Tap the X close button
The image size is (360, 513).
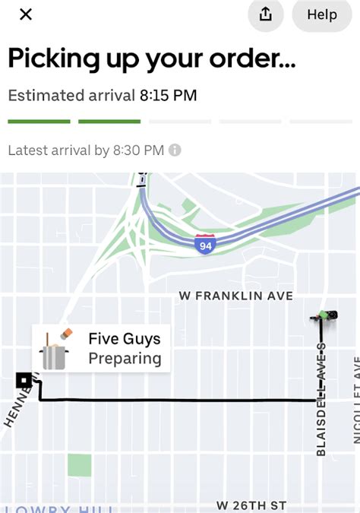pos(26,14)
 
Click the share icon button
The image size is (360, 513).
pos(266,14)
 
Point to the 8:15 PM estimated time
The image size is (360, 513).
pos(168,96)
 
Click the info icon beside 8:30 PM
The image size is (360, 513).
pos(175,150)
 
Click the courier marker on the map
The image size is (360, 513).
pos(325,315)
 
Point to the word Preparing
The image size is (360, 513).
pos(125,358)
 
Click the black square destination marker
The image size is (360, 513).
pos(24,380)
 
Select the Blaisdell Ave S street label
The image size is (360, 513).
pos(321,399)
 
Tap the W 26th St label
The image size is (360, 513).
pos(251,505)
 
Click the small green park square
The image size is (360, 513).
pos(79,465)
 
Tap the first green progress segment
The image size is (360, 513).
pos(39,122)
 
